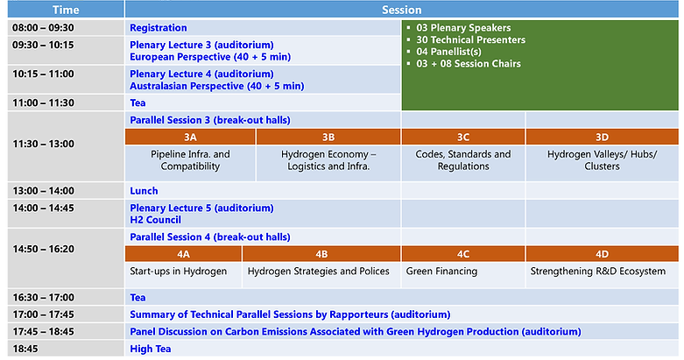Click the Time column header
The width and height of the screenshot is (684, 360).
coord(66,10)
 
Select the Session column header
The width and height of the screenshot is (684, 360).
coord(402,10)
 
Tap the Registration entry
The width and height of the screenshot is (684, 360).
coord(159,28)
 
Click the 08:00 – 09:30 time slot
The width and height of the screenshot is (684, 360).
coord(43,28)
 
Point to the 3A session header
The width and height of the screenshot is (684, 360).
coord(190,137)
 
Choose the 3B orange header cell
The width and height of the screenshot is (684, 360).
coord(328,137)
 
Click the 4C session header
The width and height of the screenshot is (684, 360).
coord(463,254)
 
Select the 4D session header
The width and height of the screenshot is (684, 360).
coord(602,254)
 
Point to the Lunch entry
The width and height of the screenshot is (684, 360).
coord(144,191)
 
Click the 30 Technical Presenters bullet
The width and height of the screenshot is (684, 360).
coord(470,39)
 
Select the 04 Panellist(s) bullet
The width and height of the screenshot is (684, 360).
coord(449,52)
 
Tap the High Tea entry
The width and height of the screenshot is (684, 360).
coord(151,349)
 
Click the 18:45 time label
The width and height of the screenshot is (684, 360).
coord(25,349)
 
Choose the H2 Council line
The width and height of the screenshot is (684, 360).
coord(155,220)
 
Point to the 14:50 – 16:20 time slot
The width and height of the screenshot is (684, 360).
coord(44,249)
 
